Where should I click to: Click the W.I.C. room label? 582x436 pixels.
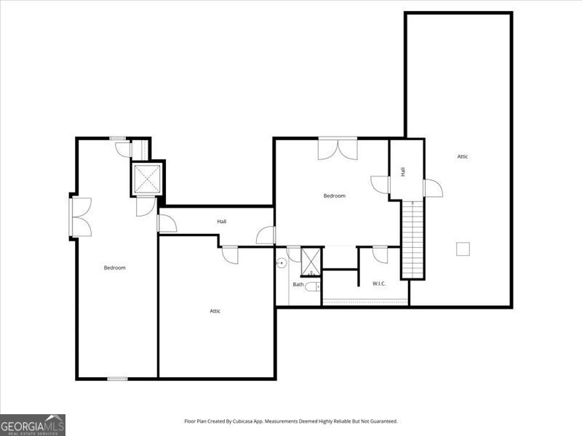(x=379, y=283)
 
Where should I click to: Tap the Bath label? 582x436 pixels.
(x=298, y=284)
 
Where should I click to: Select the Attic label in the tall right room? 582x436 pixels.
(x=463, y=156)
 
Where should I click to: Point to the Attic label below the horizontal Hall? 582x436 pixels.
(x=215, y=311)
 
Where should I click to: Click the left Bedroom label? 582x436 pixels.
(x=115, y=267)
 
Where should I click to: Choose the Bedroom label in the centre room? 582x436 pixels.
(x=335, y=195)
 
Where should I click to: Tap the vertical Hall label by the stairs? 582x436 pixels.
(x=403, y=171)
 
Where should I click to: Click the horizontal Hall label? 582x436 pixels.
(x=222, y=222)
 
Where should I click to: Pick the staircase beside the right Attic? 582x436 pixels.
(x=412, y=240)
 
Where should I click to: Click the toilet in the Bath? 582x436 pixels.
(x=314, y=286)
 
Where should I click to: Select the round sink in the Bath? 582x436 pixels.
(x=282, y=263)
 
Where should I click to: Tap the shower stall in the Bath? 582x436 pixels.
(x=311, y=262)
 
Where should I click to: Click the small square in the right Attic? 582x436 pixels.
(x=463, y=249)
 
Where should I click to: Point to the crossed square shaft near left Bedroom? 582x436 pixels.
(x=148, y=179)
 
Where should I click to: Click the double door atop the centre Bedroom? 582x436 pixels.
(x=338, y=149)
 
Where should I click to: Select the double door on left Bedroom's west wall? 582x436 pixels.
(x=81, y=217)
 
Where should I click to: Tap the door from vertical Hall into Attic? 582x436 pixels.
(x=433, y=188)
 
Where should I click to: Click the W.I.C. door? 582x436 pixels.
(x=380, y=255)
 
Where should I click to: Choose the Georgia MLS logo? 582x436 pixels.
(x=33, y=425)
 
